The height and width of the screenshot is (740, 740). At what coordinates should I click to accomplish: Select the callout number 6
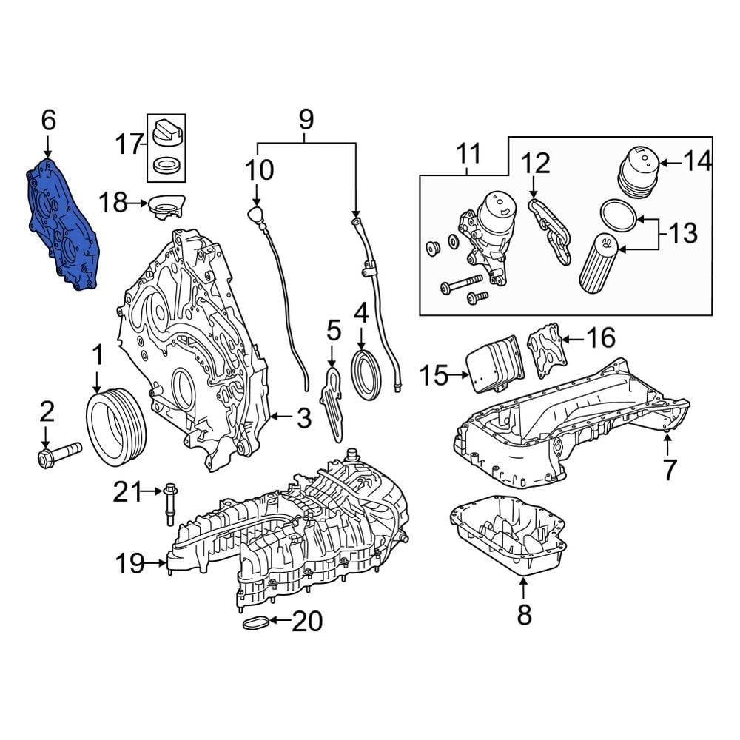click(48, 119)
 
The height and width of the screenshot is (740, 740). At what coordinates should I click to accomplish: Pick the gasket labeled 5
click(332, 403)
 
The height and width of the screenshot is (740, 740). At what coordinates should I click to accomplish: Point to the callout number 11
click(468, 153)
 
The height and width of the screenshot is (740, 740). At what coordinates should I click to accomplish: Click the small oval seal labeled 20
click(255, 623)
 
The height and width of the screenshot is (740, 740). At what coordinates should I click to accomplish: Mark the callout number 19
click(130, 565)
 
